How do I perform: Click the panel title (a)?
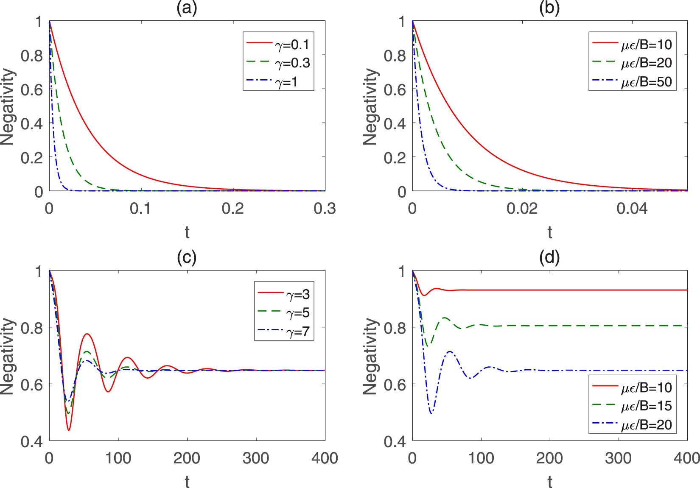187,8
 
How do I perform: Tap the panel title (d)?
549,257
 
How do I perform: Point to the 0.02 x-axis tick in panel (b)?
522,209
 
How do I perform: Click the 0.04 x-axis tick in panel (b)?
632,209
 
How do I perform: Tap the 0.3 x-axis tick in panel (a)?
325,209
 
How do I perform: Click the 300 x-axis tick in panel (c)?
256,458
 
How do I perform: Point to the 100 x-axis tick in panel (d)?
481,458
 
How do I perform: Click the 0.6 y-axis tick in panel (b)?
395,89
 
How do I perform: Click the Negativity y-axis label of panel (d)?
370,356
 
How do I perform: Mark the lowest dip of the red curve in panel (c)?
68,430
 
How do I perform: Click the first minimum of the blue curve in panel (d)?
431,413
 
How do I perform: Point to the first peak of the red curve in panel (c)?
87,334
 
